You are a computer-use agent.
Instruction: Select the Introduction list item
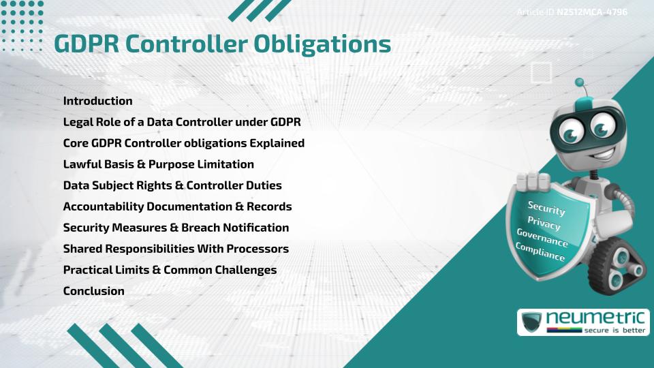coord(97,101)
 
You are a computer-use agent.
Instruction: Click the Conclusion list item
coord(93,291)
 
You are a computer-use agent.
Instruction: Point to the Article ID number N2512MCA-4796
coord(592,12)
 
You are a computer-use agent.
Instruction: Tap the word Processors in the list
coord(258,249)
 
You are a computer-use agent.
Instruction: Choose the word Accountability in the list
coord(101,206)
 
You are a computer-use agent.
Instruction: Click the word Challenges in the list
coord(245,270)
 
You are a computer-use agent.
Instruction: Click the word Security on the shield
coord(546,208)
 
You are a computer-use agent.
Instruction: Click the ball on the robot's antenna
coord(580,82)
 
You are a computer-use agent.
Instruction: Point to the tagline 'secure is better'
coord(614,331)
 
